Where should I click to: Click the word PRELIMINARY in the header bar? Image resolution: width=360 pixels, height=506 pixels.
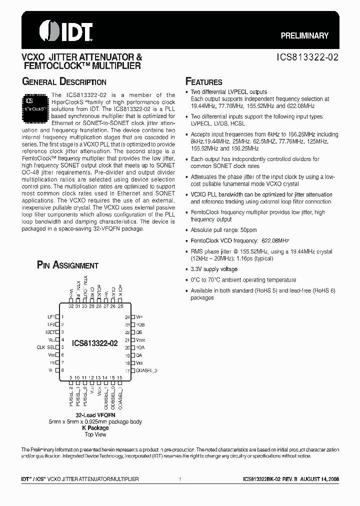304,35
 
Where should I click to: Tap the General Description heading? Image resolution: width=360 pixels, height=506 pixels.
63,82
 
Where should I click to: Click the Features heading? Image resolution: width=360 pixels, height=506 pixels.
203,82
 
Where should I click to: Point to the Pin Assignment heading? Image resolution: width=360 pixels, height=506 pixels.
67,265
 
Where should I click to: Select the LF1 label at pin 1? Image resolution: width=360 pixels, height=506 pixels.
50,317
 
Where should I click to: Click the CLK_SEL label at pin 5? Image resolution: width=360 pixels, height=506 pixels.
46,347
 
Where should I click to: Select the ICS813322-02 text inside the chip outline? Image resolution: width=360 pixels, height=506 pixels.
95,343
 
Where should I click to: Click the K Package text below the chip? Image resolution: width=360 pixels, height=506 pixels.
95,428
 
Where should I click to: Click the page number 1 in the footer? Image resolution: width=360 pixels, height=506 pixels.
179,479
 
